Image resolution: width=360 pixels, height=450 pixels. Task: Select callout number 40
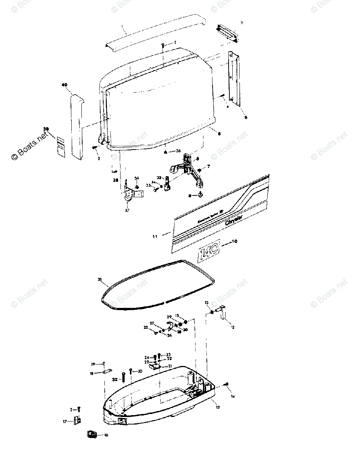tap(64, 85)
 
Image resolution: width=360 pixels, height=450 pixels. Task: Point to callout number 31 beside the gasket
tap(99, 279)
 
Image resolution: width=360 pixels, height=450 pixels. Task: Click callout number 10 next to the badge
tap(235, 241)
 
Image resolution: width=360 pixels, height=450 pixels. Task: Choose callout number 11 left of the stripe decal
tap(155, 236)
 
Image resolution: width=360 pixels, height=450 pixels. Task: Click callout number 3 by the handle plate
tap(242, 23)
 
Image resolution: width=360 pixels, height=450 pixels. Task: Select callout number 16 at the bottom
tap(106, 435)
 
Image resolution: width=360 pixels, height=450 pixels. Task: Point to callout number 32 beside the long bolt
tap(115, 379)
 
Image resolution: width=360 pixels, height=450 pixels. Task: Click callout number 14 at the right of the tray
tap(233, 396)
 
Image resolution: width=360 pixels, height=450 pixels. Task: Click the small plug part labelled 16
tap(91, 435)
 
